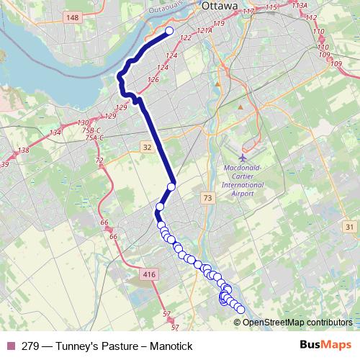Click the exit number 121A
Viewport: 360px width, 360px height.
coord(205,32)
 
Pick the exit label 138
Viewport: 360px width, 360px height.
coord(24,150)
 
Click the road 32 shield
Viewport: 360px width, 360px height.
coord(148,147)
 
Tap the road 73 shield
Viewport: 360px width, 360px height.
coord(208,197)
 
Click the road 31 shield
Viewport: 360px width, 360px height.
coord(350,228)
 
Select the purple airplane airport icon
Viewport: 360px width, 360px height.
coord(243,156)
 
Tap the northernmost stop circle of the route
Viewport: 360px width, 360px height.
coord(171,31)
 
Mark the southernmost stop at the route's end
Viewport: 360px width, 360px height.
coord(240,310)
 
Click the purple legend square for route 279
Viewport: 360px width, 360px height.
coord(10,346)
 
